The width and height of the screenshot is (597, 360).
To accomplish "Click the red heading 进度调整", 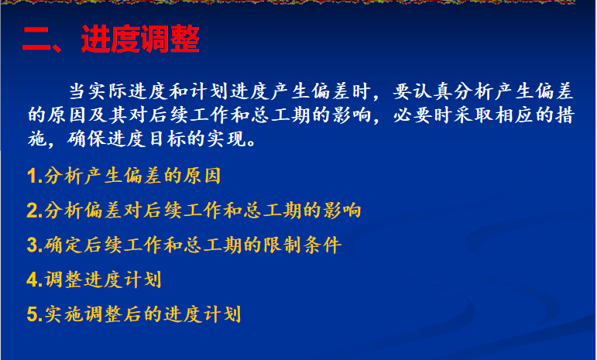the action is click(140, 39).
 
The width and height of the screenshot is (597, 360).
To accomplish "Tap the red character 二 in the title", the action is click(36, 39).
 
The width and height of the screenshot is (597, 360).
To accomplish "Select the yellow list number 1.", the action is click(33, 177).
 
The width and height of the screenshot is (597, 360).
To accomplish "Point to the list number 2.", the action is click(33, 211).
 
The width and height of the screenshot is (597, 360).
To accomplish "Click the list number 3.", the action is click(33, 245).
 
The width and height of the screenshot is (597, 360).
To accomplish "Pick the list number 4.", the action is click(33, 280).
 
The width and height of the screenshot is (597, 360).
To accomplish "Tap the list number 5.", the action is click(33, 315).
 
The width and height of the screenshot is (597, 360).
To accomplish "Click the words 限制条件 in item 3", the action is click(302, 245).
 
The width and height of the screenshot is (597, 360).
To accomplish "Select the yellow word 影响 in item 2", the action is click(342, 211).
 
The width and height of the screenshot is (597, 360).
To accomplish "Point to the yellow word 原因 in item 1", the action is click(202, 176).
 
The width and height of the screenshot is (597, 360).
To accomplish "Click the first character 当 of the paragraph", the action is click(77, 91).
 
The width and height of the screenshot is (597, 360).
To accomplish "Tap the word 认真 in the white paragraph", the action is click(433, 91).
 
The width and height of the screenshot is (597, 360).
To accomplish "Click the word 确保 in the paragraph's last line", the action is click(87, 139).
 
